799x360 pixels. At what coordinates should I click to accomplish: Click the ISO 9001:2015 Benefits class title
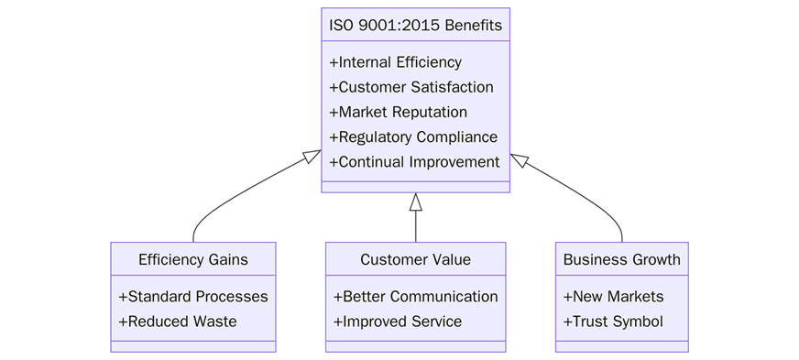click(415, 25)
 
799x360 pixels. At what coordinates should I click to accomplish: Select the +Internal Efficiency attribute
click(395, 62)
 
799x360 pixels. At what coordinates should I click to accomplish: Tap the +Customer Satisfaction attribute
click(410, 87)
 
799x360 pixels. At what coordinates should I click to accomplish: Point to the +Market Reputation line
click(398, 112)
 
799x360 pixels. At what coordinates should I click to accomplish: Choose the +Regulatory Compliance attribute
click(412, 136)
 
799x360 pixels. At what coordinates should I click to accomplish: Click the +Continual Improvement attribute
click(414, 161)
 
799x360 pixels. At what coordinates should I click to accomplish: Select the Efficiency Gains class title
click(192, 259)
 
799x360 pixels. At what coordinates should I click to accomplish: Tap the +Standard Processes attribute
click(192, 297)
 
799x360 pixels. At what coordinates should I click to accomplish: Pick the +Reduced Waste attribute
click(177, 322)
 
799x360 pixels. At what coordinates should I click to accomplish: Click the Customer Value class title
click(415, 259)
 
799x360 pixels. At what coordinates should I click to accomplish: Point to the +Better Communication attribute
click(415, 297)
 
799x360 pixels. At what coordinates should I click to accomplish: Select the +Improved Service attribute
click(397, 322)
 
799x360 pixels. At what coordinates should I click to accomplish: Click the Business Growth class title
click(621, 259)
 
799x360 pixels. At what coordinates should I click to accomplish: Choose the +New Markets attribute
click(613, 297)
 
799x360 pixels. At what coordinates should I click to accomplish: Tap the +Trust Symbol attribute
click(612, 322)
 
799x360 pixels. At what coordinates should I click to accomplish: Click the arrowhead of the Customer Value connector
click(415, 202)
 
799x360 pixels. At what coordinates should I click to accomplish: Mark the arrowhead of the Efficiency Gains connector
click(313, 158)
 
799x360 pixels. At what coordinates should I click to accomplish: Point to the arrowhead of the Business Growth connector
click(519, 160)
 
